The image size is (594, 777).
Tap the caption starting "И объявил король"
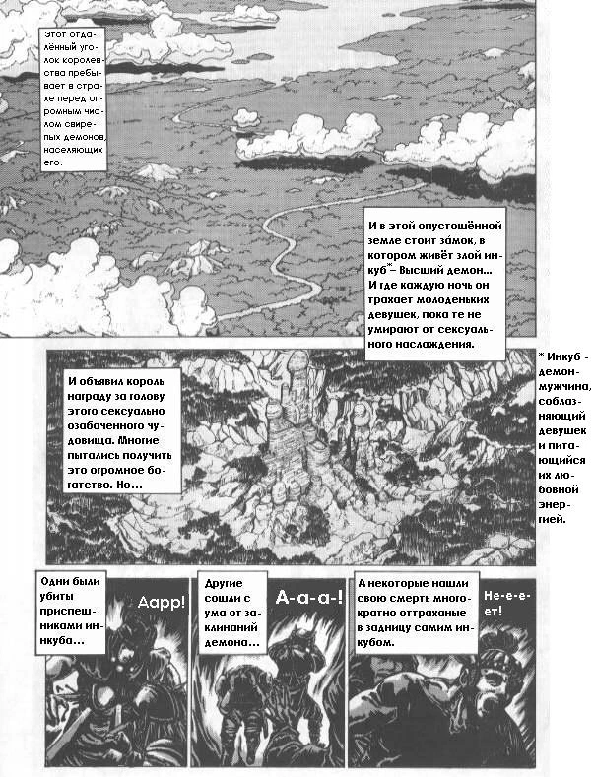tap(124, 434)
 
